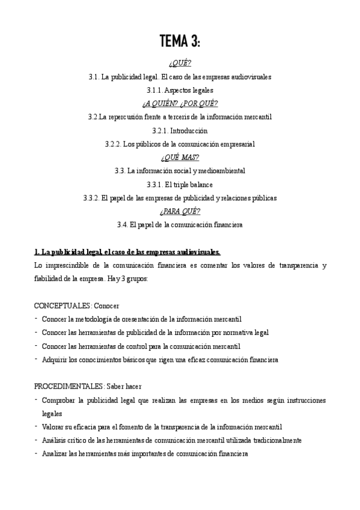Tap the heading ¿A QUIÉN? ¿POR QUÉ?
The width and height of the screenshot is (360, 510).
point(180,103)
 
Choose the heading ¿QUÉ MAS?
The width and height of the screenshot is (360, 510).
point(180,158)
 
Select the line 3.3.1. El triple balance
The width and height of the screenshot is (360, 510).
point(180,185)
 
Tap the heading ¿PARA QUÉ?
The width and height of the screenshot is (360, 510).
point(180,211)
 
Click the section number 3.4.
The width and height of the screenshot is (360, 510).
point(122,225)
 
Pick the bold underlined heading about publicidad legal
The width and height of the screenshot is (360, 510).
point(127,251)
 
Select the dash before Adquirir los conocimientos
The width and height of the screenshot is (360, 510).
point(37,359)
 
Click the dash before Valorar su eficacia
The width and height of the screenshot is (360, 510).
point(37,426)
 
